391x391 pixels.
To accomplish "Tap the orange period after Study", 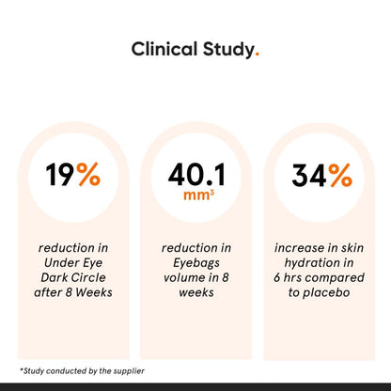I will coord(257,55).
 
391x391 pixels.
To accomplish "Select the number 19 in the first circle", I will coord(59,175).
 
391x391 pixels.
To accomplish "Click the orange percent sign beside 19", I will coord(89,175).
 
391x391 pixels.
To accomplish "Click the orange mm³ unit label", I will coord(195,196).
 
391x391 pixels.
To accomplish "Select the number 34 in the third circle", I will coord(308,175).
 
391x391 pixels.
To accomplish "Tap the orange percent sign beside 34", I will coord(338,175).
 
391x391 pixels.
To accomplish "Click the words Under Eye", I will coord(73,263).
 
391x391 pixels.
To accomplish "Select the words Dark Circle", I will coord(73,277).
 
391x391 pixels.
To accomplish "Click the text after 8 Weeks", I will coord(73,292).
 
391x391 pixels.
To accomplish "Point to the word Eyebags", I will coord(195,263).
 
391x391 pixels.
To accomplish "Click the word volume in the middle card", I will coord(187,277).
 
